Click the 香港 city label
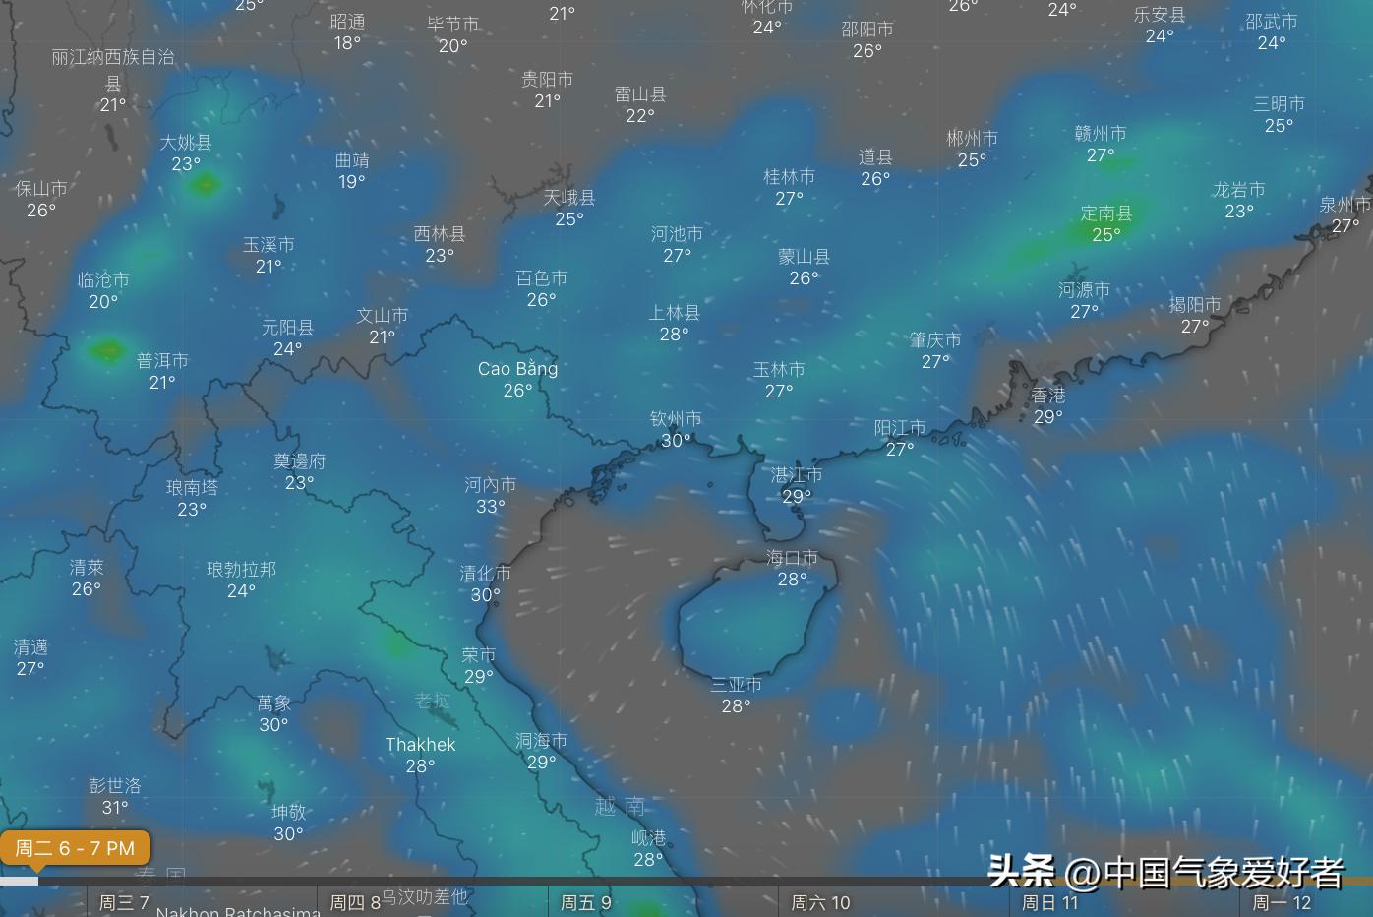(x=1048, y=396)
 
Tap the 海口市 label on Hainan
(x=792, y=558)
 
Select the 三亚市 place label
(x=736, y=685)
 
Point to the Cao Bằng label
(x=517, y=369)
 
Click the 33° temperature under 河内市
(x=490, y=507)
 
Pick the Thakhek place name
(x=420, y=745)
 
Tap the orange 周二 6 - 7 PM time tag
(x=75, y=848)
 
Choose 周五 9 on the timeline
(x=586, y=902)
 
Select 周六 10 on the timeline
(x=820, y=902)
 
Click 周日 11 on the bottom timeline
(x=1049, y=902)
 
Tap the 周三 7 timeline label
(x=124, y=902)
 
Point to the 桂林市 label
(x=789, y=177)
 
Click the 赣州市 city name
(x=1101, y=134)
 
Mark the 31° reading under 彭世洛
(x=115, y=808)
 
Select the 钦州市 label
(x=676, y=419)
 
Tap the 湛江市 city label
(x=797, y=475)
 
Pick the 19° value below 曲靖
(x=352, y=182)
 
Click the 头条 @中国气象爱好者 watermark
(x=1165, y=872)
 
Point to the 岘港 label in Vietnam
(x=648, y=838)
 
